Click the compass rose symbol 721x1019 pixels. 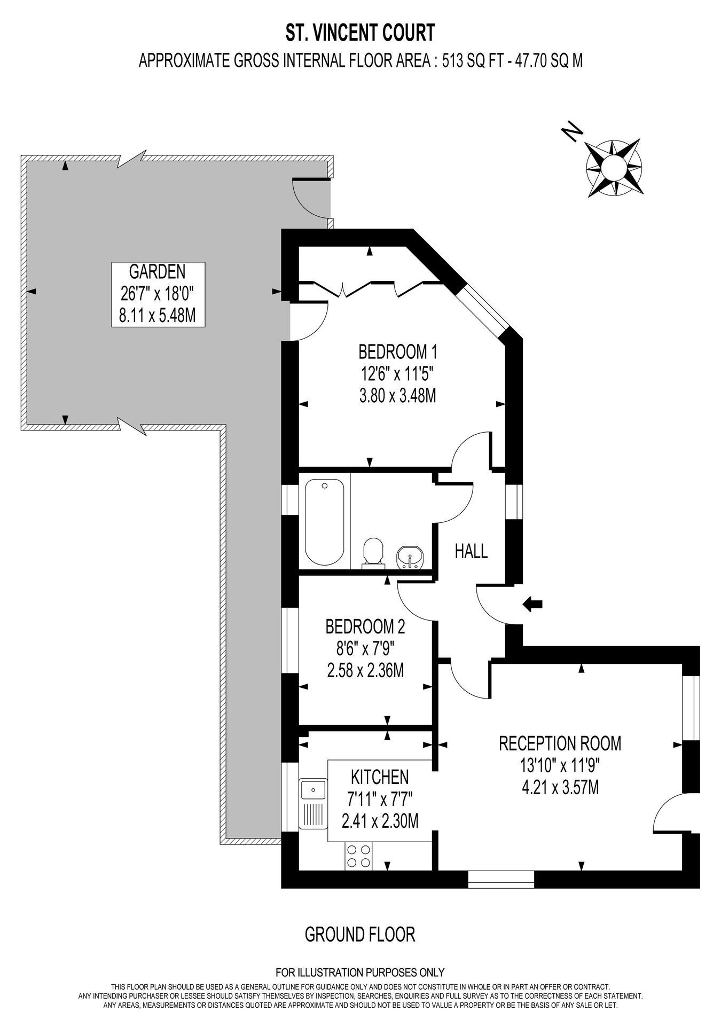614,168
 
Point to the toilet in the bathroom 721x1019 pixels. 373,552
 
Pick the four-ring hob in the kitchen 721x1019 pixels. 358,855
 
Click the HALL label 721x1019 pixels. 471,551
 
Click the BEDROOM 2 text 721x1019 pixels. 365,626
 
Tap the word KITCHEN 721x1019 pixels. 380,777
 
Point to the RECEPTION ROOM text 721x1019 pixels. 560,743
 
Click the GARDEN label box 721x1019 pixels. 158,294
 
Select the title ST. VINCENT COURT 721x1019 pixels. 360,34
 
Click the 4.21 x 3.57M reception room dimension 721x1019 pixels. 560,787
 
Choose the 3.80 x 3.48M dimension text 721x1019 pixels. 398,396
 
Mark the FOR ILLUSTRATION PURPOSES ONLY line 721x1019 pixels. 360,973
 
